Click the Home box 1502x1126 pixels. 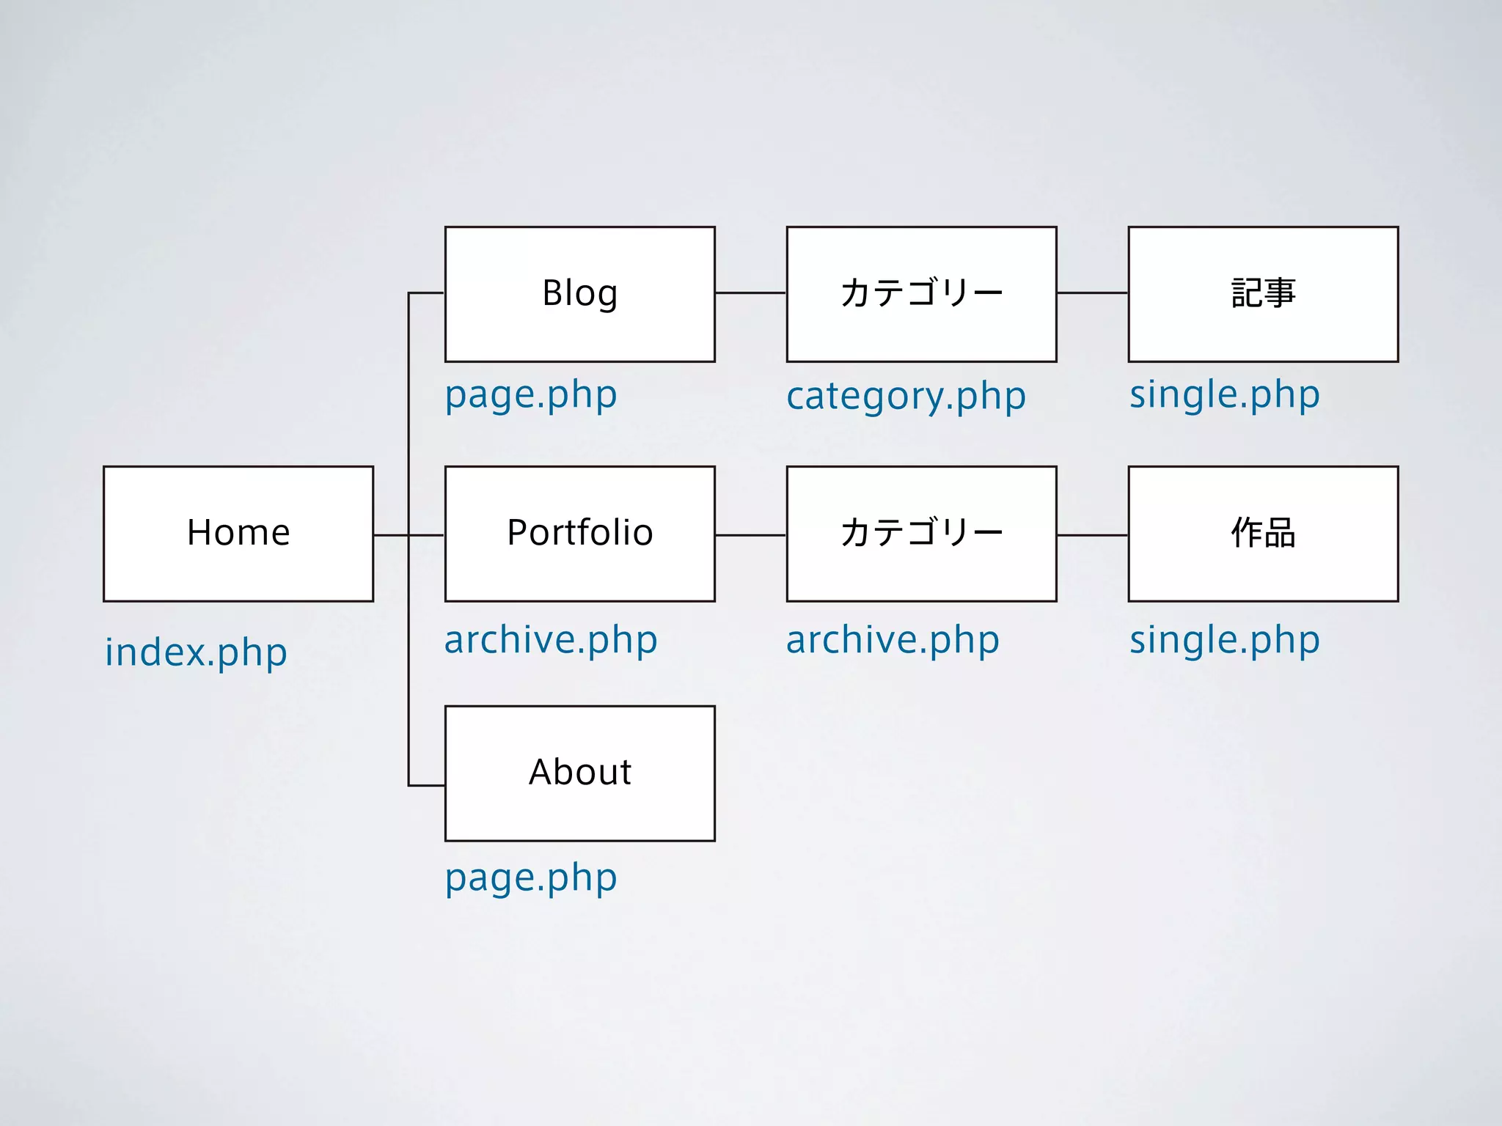tap(238, 534)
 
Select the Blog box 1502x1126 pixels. tap(579, 294)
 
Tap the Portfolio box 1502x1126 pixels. tap(579, 534)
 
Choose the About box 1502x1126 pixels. tap(579, 773)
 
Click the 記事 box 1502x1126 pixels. tap(1263, 294)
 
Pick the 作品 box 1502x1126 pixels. tap(1263, 534)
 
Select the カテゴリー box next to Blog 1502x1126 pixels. tap(921, 294)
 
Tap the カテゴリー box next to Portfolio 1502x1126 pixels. tap(921, 534)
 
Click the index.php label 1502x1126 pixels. tap(196, 652)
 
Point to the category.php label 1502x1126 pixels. tap(906, 397)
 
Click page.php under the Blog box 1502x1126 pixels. tap(531, 395)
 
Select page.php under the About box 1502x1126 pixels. tap(531, 877)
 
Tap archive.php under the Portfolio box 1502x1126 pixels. tap(551, 640)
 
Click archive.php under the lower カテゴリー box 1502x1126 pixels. tap(893, 640)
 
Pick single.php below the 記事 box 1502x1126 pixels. tap(1224, 395)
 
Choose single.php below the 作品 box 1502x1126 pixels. tap(1224, 640)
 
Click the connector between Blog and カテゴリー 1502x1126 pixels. tap(750, 293)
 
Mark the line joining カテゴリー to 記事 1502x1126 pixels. tap(1092, 293)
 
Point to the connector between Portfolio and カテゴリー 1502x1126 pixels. tap(750, 535)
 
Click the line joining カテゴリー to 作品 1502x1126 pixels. tap(1092, 535)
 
